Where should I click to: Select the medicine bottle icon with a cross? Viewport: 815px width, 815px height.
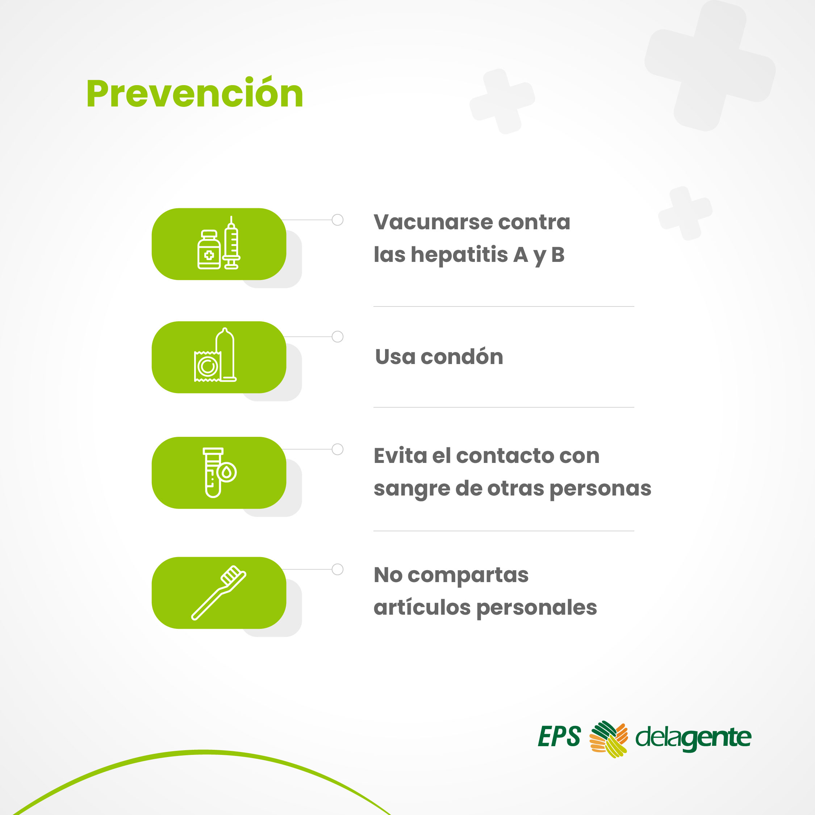click(x=209, y=249)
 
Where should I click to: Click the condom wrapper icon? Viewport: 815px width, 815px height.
click(x=207, y=366)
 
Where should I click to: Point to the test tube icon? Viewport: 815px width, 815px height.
click(x=213, y=472)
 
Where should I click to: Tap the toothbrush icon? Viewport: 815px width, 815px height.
click(x=219, y=593)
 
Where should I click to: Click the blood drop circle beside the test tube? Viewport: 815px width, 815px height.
click(x=227, y=472)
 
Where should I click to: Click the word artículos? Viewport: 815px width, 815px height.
click(x=422, y=607)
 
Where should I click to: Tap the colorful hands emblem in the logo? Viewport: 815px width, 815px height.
click(x=608, y=739)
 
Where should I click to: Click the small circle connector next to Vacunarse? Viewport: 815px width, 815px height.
click(x=338, y=220)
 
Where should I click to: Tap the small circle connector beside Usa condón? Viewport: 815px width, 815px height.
click(x=338, y=337)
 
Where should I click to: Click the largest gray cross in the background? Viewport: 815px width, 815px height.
click(x=710, y=66)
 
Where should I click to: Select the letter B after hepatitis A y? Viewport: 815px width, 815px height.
click(x=558, y=254)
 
